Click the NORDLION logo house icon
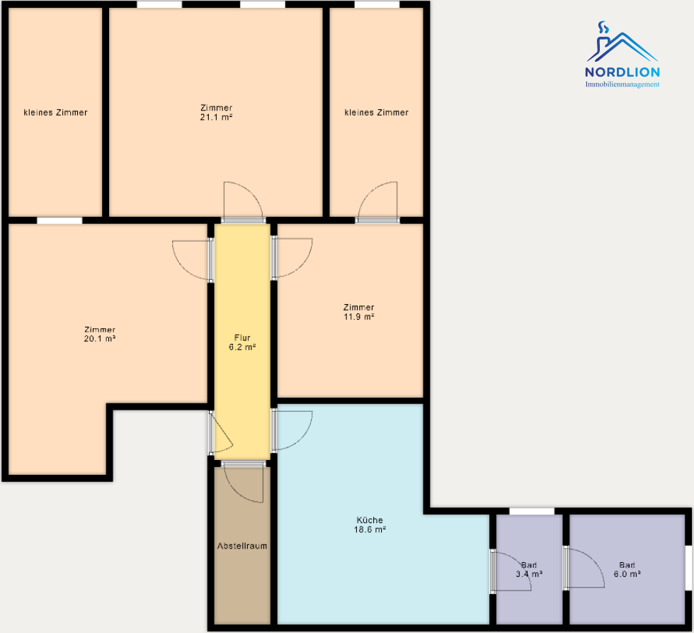[621, 45]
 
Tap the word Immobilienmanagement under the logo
[622, 84]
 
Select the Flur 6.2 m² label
[241, 342]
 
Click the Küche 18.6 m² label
[370, 525]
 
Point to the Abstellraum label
[242, 547]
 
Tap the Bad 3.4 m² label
[528, 570]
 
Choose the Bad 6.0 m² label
[627, 570]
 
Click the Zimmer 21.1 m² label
[217, 112]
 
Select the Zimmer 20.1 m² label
[100, 334]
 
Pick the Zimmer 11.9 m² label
[359, 312]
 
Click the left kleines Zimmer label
[56, 112]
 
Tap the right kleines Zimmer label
[377, 112]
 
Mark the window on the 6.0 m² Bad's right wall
[688, 567]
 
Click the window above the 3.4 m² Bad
[532, 511]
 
